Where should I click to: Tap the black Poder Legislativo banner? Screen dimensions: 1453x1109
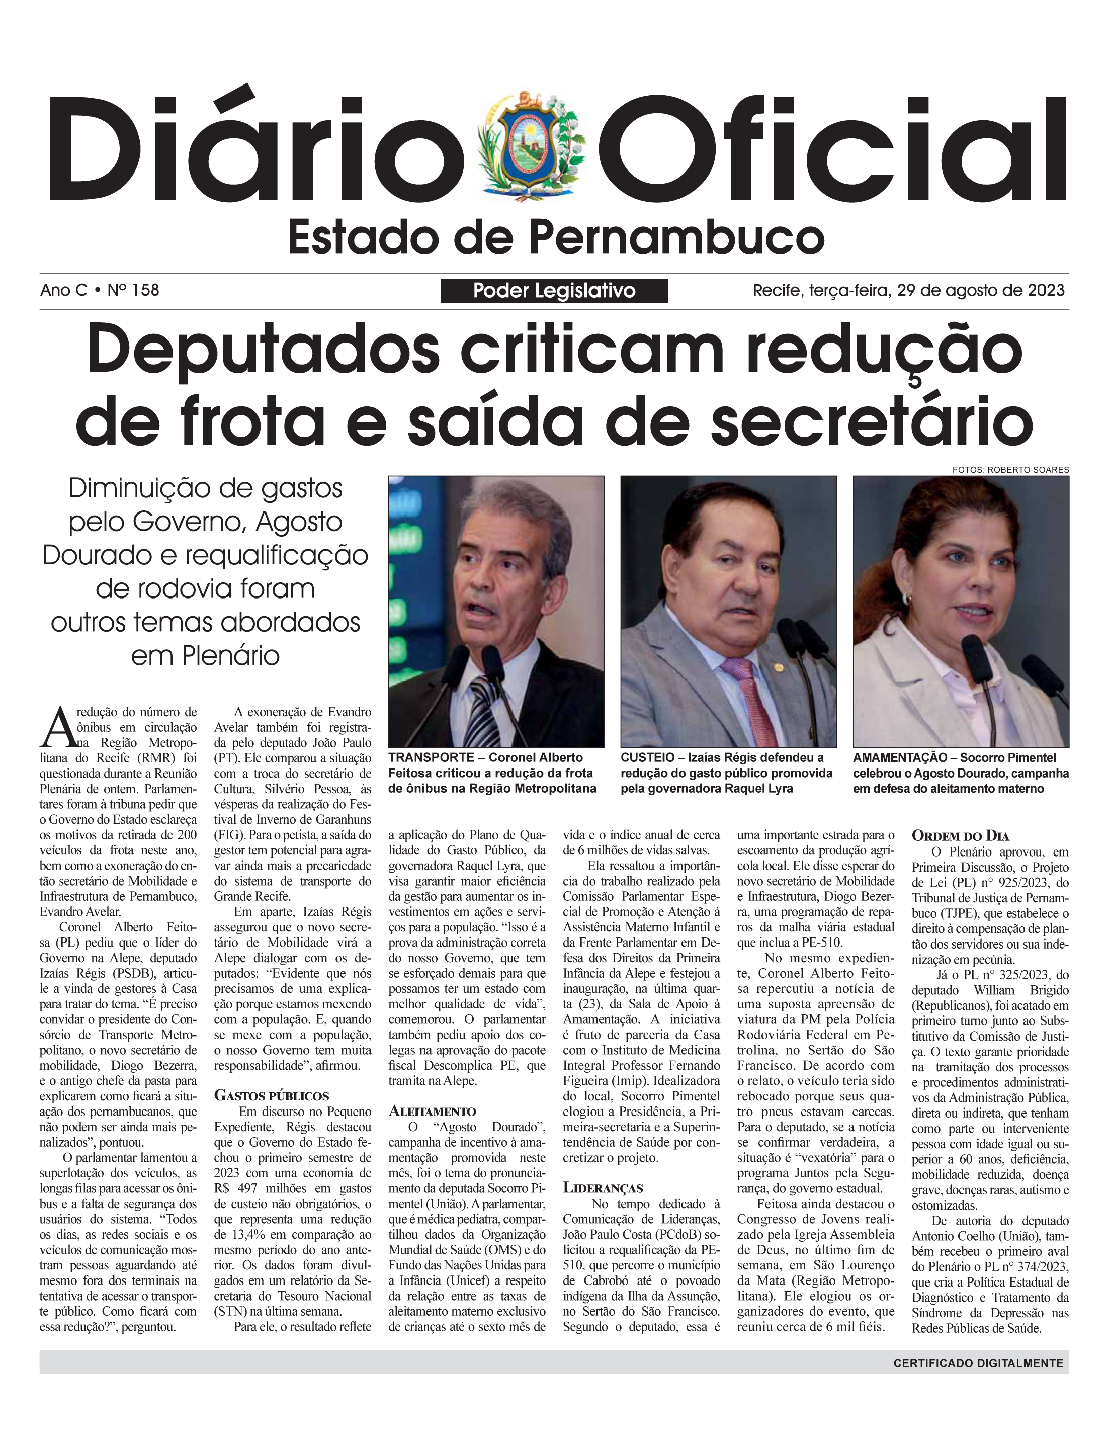coord(554,291)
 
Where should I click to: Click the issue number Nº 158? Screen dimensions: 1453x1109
coord(133,290)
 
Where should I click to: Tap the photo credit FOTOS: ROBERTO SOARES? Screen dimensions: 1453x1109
coord(1010,469)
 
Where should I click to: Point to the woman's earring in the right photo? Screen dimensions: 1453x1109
coord(906,600)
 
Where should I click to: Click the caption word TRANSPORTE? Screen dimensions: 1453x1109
coord(431,758)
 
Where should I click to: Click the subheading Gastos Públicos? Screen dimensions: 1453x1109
coord(271,1096)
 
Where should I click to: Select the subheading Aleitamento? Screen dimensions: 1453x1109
coord(433,1111)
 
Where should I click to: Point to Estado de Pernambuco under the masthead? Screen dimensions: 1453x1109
coord(556,238)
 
